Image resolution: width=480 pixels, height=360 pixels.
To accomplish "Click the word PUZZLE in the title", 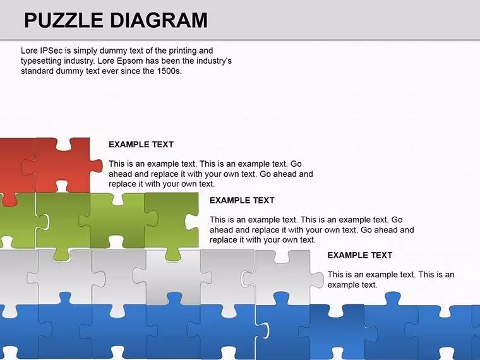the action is pos(64,20).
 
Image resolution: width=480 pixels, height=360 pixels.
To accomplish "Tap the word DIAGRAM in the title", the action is pos(159,20).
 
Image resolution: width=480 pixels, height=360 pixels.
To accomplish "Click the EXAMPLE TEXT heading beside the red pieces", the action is pos(141,145).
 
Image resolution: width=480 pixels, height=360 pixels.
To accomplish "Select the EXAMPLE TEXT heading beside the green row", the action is pos(242,200).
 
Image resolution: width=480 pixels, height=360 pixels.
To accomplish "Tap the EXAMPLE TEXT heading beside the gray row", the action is pos(360,255).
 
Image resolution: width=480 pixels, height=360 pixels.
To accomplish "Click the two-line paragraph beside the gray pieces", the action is pos(390,280).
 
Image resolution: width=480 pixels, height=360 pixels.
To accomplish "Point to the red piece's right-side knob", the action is pos(97,165).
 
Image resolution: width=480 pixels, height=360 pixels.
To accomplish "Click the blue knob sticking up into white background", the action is pos(392,299).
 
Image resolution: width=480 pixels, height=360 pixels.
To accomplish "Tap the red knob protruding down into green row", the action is pos(10,200).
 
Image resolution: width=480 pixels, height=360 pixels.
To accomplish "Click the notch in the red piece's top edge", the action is pos(64,145).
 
